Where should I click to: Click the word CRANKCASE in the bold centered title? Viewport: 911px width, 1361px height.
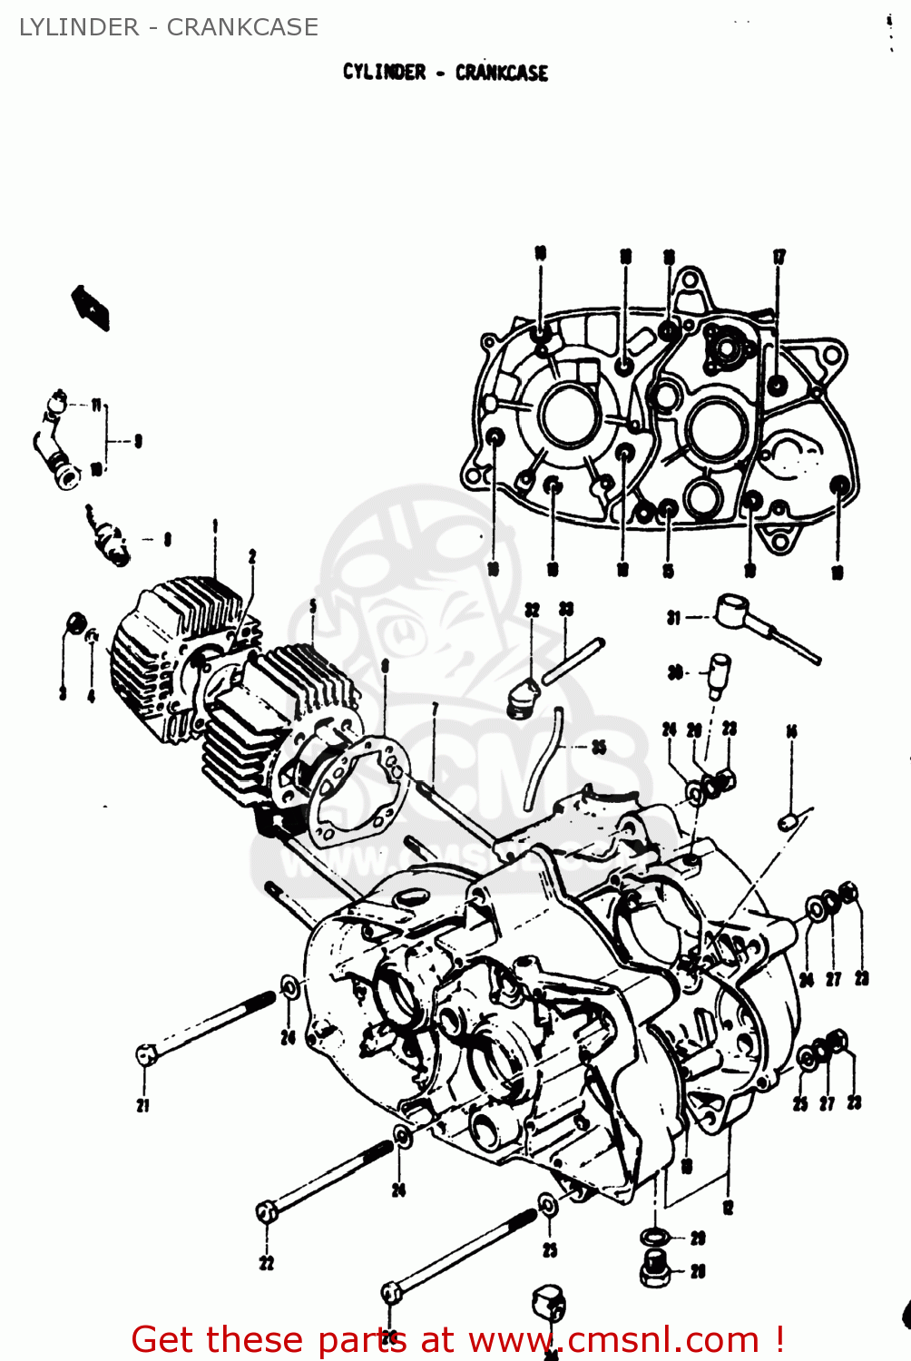501,73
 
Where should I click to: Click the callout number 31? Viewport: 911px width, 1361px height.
673,619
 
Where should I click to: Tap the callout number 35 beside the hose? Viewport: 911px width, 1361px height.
599,748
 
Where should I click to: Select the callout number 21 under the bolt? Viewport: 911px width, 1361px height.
143,1105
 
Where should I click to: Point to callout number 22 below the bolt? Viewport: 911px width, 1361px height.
266,1263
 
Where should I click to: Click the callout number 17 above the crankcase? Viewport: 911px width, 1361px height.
779,258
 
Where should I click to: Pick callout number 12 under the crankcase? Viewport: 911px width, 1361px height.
728,1208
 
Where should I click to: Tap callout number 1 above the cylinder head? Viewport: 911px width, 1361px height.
215,526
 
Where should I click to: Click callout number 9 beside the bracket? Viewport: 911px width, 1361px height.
138,442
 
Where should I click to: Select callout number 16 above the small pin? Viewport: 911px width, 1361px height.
791,731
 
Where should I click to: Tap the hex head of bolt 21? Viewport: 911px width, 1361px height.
145,1055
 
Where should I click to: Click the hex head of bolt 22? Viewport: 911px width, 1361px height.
267,1212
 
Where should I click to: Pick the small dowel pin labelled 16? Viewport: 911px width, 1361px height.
788,821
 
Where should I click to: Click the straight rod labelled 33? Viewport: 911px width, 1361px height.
573,661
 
